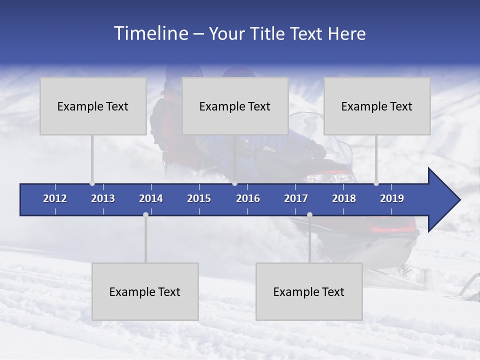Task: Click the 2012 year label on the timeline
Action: pos(55,198)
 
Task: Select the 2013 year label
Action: pos(103,198)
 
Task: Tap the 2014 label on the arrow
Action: pos(151,198)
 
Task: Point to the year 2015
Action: pos(199,198)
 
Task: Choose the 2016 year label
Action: pos(248,198)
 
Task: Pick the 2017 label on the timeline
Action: pos(296,198)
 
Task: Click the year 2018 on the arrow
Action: pos(344,198)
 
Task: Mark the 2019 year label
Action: pos(392,198)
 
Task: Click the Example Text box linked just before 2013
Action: pos(93,106)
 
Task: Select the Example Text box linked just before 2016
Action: pos(235,106)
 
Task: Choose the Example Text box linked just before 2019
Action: pos(377,106)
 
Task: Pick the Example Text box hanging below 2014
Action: pos(145,291)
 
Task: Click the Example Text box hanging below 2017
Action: pos(309,291)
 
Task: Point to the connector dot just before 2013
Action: pos(92,183)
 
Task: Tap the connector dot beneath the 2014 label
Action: pos(145,215)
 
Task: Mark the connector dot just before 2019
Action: pos(376,183)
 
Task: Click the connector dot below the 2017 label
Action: pos(309,215)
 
